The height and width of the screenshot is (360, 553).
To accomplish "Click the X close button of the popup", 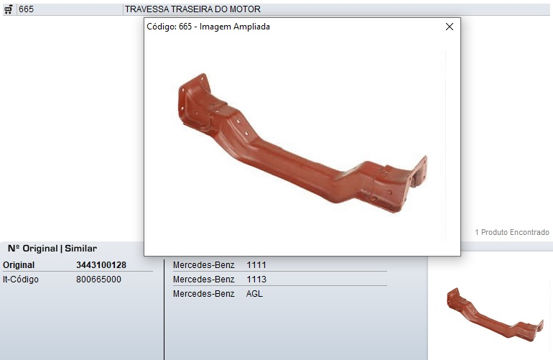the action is [450, 27].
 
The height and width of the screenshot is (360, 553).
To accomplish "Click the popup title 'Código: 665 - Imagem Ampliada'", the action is [208, 27].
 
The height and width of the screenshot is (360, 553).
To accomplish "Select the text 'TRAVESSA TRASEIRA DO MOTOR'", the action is [192, 9].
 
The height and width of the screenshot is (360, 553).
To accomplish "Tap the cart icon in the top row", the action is [9, 9].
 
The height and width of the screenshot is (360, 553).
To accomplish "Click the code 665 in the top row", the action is [26, 9].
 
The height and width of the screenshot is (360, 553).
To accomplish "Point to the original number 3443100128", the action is [101, 265].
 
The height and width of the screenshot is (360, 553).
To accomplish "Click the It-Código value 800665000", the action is [98, 280].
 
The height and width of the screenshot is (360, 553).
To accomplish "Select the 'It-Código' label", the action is [20, 280].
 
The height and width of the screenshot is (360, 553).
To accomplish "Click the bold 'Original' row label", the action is [19, 265].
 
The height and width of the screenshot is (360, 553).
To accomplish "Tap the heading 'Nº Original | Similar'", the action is [52, 249].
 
